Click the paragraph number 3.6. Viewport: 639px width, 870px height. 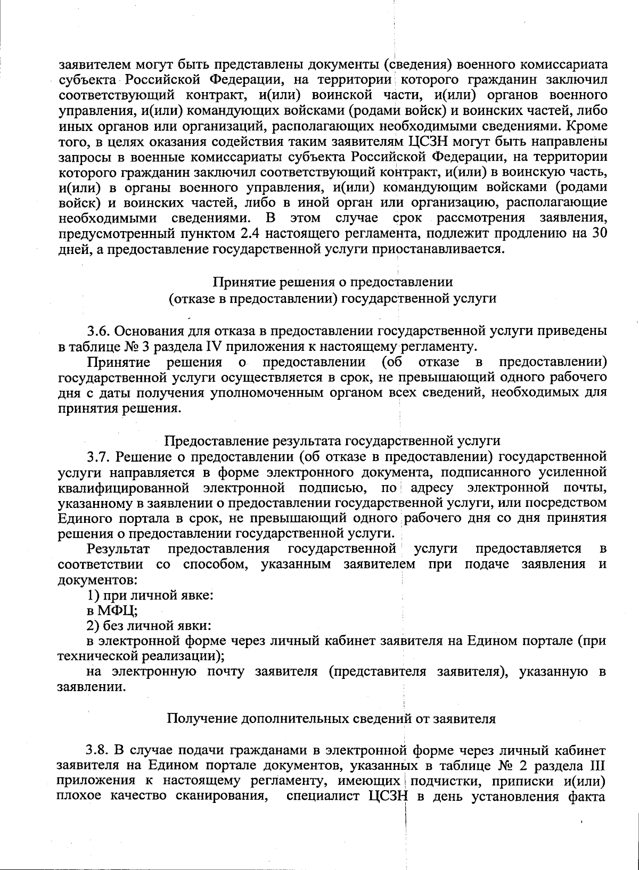tap(99, 331)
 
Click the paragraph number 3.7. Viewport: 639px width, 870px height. tap(99, 457)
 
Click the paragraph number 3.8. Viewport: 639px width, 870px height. tap(99, 751)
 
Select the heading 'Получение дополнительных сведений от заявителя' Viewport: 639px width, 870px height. tap(331, 719)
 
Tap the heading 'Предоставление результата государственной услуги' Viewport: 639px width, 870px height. tap(332, 441)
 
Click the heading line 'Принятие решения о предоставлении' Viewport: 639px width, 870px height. tap(333, 282)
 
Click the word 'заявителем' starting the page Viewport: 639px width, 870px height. tap(93, 65)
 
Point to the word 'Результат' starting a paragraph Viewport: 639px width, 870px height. tap(119, 548)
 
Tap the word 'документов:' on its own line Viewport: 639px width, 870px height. tap(95, 579)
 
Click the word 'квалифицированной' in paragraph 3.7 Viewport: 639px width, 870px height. tap(124, 488)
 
